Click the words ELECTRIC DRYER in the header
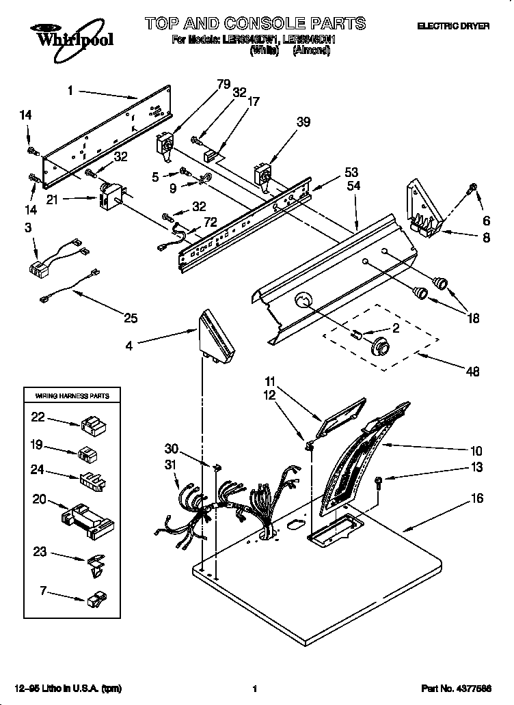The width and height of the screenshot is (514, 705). (454, 26)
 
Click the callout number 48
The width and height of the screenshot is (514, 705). (472, 372)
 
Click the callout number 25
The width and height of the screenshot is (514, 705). (130, 318)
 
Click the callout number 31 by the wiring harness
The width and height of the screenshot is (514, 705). (170, 465)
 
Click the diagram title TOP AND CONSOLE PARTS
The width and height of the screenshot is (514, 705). (255, 25)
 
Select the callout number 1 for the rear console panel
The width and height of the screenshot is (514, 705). (70, 89)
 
